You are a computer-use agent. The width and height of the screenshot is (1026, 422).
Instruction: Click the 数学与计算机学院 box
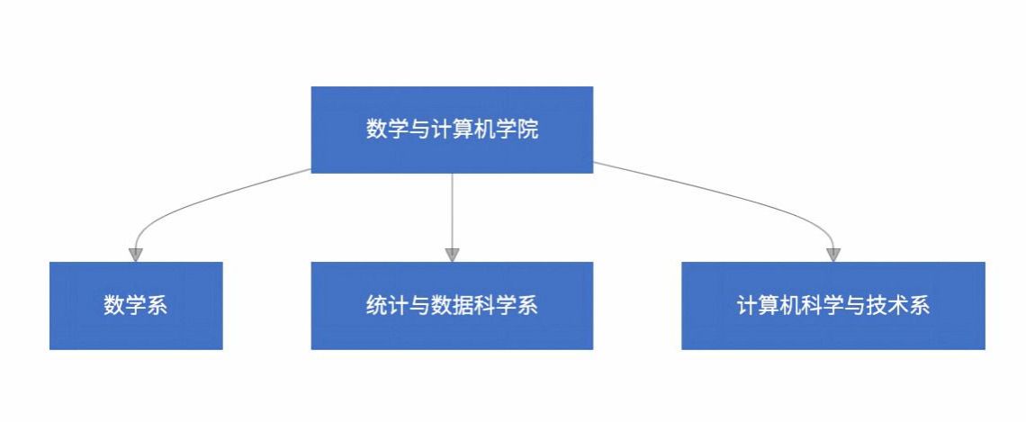pos(452,130)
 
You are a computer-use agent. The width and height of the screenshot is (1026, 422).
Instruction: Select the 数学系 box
pos(136,306)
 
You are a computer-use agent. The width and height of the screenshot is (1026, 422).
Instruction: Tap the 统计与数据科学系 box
pos(452,306)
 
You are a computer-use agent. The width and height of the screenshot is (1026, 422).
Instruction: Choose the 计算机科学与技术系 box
pos(833,306)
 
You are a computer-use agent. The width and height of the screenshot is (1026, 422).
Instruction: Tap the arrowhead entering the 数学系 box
pos(135,256)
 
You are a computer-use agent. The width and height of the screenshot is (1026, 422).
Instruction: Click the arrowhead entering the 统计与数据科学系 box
pos(452,256)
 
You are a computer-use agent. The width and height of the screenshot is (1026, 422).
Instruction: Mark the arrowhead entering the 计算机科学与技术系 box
pos(833,256)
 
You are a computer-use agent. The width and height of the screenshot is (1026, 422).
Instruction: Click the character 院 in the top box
pos(527,130)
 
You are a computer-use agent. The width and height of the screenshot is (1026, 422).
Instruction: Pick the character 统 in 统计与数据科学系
pos(376,306)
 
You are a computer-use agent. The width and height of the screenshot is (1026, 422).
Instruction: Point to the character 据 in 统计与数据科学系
pos(463,306)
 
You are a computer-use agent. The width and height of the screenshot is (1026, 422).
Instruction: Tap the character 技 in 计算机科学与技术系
pos(877,306)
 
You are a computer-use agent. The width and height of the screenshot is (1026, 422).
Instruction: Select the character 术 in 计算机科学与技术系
pos(898,306)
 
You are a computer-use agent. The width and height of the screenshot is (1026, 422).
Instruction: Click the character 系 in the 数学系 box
pos(157,306)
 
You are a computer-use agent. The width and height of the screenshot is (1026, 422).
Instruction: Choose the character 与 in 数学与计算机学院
pos(419,130)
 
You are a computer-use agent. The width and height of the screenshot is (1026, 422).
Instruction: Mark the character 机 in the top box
pos(484,130)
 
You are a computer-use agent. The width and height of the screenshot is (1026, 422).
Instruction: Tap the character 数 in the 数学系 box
pos(114,306)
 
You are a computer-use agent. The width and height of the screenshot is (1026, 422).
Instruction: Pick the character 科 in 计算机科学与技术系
pos(812,306)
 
